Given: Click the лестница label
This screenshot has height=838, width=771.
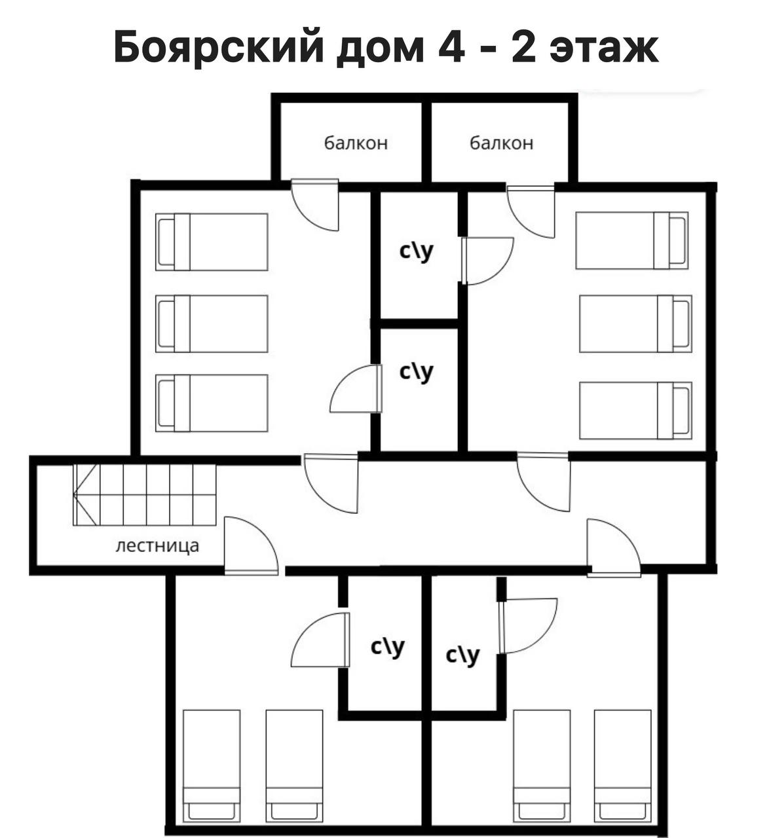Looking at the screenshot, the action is (x=157, y=546).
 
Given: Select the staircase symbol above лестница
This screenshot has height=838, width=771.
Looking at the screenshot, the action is (x=145, y=494).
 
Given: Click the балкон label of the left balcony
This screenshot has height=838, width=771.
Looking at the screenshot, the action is (x=356, y=143).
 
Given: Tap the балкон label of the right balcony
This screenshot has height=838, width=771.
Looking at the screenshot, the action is (x=501, y=143).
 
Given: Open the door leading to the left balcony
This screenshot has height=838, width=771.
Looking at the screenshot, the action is (x=315, y=205).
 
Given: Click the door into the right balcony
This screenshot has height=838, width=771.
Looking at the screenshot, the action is (x=531, y=211).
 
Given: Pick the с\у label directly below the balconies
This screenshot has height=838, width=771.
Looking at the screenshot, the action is (x=416, y=251).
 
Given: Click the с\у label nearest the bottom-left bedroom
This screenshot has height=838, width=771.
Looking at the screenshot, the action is (x=387, y=647).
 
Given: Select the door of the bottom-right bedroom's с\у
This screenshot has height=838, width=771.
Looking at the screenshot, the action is (x=528, y=627).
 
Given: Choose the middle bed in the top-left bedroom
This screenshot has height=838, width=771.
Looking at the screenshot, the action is (x=212, y=324).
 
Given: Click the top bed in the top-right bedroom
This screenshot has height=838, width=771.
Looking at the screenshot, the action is (x=631, y=240).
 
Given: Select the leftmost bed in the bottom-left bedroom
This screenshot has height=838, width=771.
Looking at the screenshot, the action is (x=212, y=765).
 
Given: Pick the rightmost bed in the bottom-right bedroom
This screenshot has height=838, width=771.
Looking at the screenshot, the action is (x=622, y=765).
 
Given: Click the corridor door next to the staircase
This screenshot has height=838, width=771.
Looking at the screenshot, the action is (x=252, y=545).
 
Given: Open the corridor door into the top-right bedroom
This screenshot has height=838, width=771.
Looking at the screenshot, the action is (x=544, y=482).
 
